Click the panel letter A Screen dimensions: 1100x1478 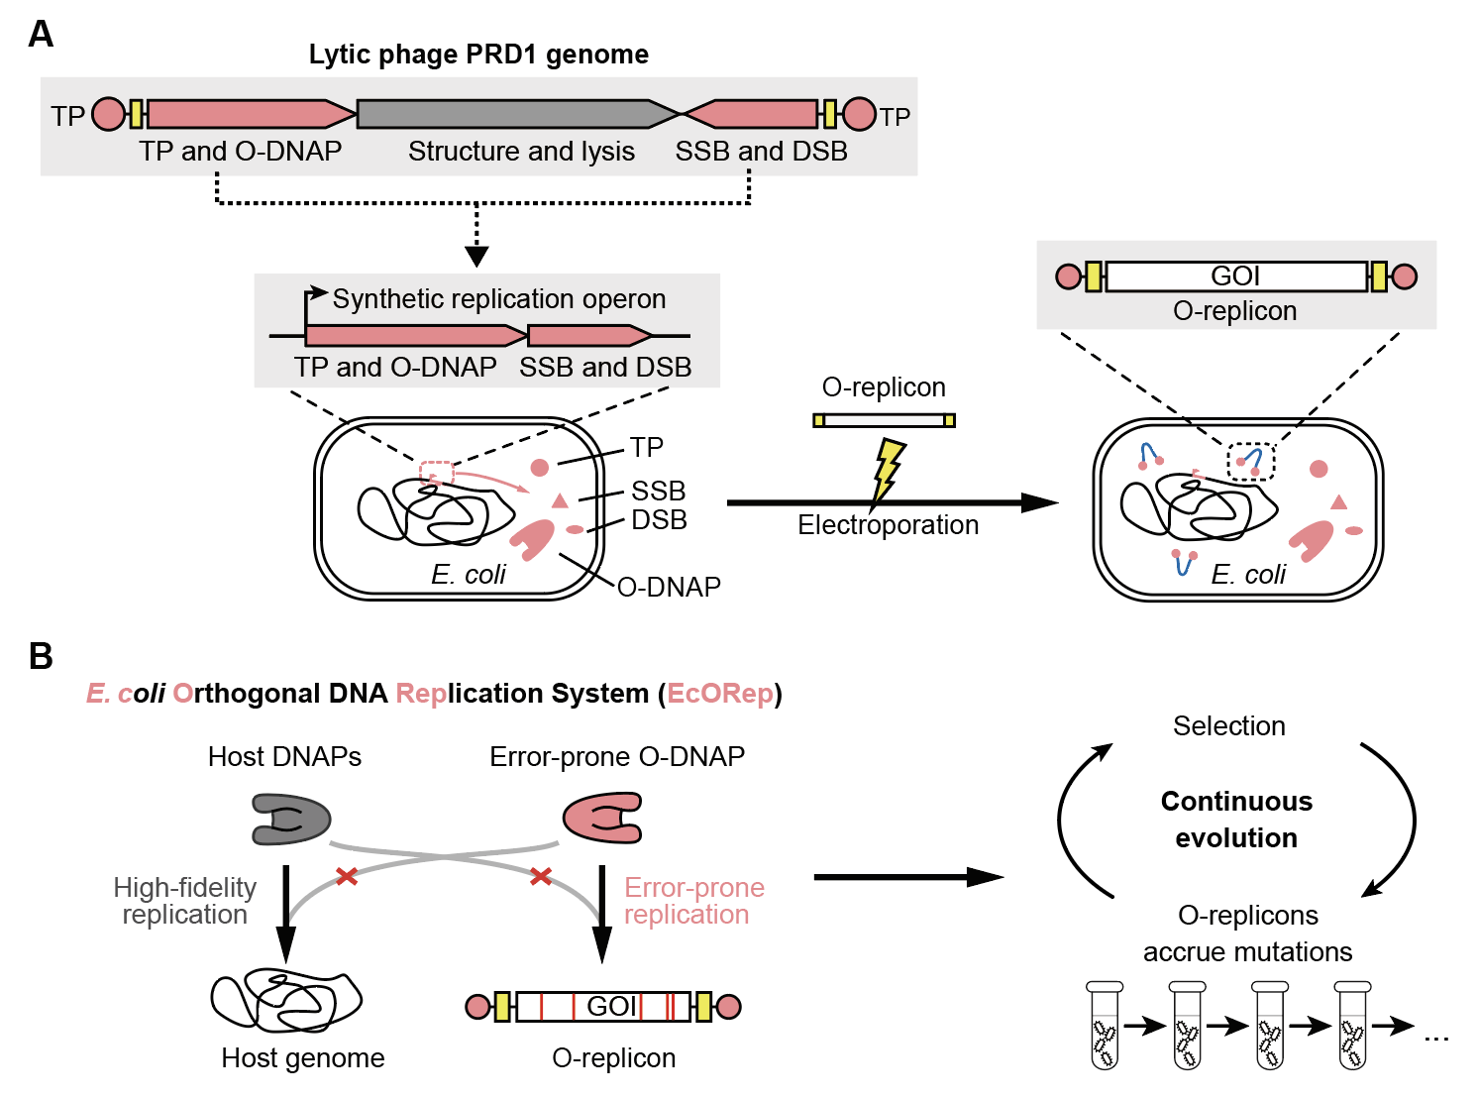41,35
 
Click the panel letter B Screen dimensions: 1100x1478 41,656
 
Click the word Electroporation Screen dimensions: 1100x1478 888,525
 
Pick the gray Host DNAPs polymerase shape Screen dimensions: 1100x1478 290,818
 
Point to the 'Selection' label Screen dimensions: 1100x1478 1228,726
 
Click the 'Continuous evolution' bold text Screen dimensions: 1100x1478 1236,820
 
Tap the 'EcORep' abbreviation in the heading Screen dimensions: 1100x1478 720,694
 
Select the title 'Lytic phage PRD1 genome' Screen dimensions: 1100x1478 478,55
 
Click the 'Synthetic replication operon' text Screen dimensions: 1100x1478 499,299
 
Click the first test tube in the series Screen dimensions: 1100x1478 1105,1026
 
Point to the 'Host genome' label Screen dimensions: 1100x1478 302,1058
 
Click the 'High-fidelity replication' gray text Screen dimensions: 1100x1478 185,901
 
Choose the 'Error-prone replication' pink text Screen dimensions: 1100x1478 693,901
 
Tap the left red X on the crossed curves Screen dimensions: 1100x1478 347,876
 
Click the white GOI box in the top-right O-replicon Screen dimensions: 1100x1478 1235,276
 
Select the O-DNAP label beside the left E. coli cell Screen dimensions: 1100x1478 669,588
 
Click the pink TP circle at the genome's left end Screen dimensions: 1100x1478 109,115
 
